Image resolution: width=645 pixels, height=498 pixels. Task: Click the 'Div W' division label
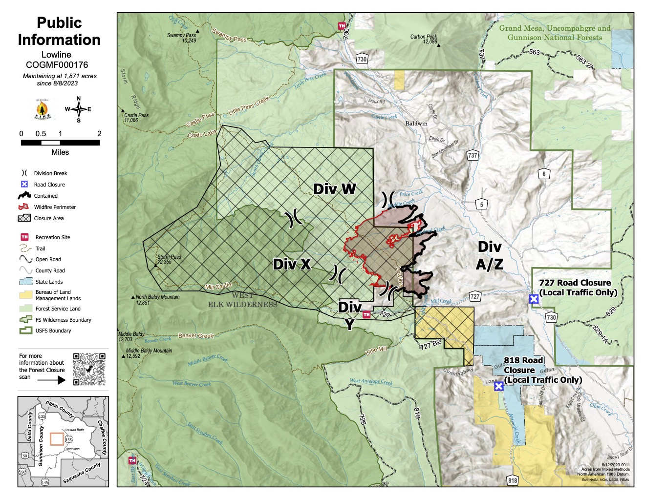(x=334, y=189)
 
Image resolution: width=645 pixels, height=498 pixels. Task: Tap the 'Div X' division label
(x=292, y=264)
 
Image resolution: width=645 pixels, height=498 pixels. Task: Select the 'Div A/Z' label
(x=489, y=255)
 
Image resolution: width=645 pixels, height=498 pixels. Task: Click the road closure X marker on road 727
(x=534, y=298)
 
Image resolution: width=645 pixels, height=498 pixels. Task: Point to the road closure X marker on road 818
(x=498, y=386)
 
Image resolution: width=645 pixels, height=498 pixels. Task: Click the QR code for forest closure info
(x=89, y=369)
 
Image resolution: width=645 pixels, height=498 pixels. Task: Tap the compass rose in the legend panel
(x=79, y=109)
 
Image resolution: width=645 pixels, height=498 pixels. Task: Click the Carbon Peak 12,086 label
(x=424, y=39)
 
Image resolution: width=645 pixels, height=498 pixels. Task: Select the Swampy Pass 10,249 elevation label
(x=181, y=38)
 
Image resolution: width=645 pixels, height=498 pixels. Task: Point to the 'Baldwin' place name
(x=416, y=124)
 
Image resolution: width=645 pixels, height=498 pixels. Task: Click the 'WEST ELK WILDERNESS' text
(x=242, y=300)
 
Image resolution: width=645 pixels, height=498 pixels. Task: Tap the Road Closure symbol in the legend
(x=24, y=184)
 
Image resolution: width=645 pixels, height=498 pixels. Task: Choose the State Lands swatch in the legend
(x=25, y=282)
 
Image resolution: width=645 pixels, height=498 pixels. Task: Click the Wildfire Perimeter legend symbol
(x=24, y=207)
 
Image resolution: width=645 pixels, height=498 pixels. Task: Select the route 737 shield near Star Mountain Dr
(x=472, y=155)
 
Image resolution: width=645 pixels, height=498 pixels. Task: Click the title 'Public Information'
(x=59, y=31)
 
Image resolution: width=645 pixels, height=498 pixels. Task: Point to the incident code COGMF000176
(x=57, y=64)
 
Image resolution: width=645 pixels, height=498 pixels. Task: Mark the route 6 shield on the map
(x=543, y=174)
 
